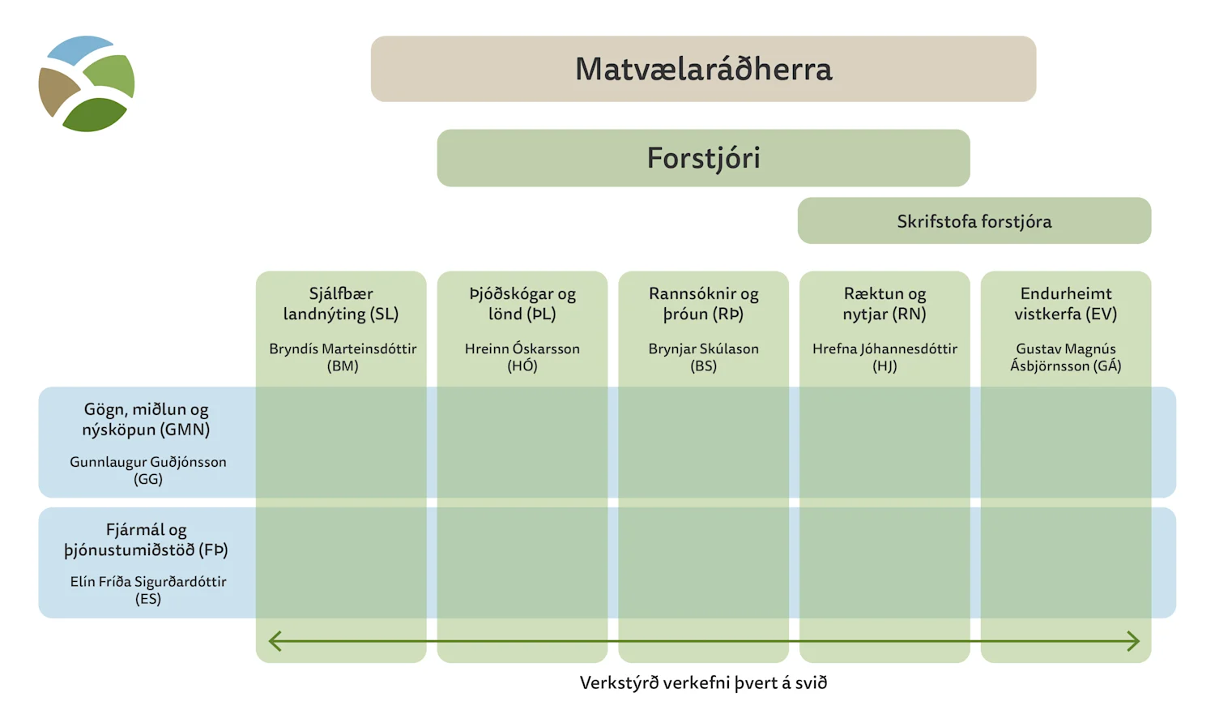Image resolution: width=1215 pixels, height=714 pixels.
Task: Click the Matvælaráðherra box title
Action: coord(703,69)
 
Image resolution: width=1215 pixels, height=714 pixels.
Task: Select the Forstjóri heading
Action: coord(703,158)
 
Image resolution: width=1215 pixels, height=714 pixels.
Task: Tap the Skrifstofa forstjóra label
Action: coord(974,221)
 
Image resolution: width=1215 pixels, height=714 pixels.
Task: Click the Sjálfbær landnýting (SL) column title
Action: coord(341,304)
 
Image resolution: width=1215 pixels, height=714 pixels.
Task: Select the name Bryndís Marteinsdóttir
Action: coord(343,349)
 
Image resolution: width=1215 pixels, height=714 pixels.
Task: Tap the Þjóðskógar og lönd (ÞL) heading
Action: coord(522,304)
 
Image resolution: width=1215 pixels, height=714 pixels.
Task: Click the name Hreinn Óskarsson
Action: coord(522,349)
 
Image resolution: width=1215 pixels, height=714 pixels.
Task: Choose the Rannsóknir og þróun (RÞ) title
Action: coord(703,304)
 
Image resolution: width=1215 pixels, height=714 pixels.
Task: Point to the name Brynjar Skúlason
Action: coord(703,349)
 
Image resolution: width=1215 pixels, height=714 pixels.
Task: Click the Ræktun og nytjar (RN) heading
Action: coord(885,304)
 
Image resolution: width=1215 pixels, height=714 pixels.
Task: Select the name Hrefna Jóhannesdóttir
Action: coord(885,349)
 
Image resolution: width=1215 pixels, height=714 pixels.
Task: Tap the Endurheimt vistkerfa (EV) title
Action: coord(1066,304)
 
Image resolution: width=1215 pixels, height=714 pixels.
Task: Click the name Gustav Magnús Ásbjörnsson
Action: coord(1066,357)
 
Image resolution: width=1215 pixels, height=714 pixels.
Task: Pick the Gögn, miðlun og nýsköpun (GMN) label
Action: coord(146,420)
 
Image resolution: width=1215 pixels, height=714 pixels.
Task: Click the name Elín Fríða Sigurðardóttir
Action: coord(148,582)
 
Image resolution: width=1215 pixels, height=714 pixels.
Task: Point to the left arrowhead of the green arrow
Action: coord(274,641)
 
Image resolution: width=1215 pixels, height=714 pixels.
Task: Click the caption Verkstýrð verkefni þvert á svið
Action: coord(703,682)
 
